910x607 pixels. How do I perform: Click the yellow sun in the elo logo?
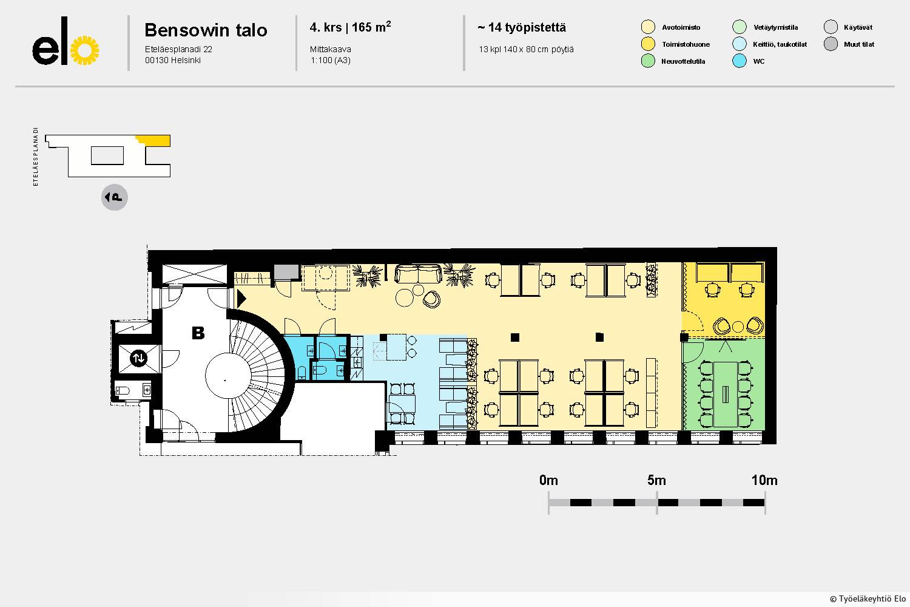point(84,50)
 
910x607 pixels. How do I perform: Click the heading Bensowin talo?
point(206,30)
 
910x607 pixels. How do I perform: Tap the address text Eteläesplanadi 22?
point(178,49)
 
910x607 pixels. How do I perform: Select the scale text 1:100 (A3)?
point(330,61)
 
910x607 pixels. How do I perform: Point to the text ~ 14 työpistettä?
point(522,28)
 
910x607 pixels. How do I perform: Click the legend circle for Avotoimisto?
point(648,27)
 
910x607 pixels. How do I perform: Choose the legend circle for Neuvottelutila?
point(648,61)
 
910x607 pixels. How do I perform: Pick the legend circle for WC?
point(740,61)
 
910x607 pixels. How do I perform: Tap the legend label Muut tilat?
point(859,44)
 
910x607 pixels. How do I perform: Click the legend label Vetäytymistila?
point(775,27)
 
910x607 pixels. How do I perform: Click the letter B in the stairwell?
point(198,333)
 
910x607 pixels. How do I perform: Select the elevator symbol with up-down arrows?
point(138,358)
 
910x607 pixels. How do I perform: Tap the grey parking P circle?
point(115,197)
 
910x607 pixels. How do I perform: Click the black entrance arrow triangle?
point(241,299)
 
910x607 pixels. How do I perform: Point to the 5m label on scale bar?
point(656,480)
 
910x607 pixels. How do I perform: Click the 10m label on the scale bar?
point(764,480)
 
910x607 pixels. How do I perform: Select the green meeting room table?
point(726,395)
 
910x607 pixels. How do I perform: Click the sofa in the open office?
point(419,274)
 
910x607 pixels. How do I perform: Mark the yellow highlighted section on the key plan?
point(155,140)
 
